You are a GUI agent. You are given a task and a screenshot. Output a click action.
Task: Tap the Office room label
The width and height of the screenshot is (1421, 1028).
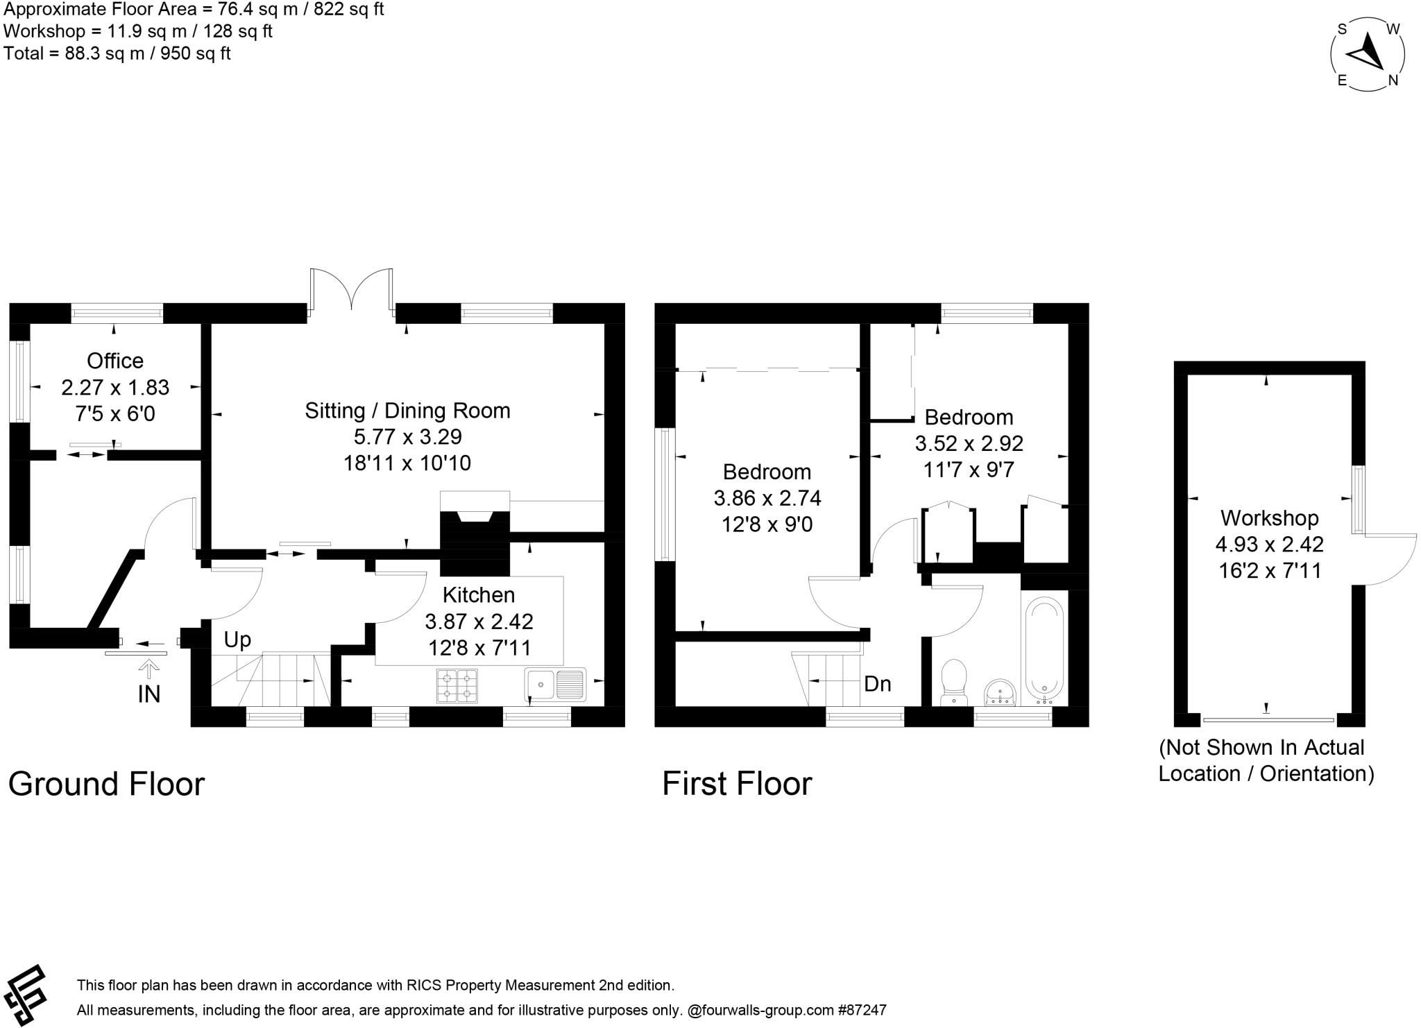point(115,361)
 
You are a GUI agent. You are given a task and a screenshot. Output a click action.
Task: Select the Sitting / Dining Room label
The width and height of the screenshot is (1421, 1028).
point(407,411)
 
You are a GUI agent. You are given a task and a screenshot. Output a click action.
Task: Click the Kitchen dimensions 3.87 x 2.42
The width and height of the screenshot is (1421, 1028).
point(479,622)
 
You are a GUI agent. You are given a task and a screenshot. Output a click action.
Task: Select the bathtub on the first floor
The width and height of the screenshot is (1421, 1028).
point(1044,648)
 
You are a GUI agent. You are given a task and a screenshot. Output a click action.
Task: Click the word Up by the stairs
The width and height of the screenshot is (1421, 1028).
point(237,640)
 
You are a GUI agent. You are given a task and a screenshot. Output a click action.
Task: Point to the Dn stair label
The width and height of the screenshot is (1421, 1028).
point(877,684)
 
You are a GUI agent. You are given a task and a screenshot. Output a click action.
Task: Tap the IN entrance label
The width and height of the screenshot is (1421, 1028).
point(149,694)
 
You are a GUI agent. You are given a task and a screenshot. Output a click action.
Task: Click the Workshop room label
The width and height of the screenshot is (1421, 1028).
point(1269,517)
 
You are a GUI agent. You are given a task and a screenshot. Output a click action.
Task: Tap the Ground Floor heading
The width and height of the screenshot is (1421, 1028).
point(106,784)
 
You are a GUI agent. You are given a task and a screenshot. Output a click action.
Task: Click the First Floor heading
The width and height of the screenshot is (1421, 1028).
point(736,784)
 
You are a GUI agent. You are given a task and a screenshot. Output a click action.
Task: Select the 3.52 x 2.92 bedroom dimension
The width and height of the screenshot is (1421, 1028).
point(969,443)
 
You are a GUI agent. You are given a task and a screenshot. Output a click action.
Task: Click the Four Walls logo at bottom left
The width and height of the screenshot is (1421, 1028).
point(25,994)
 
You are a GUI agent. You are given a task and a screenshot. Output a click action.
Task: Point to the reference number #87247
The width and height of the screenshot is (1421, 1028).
point(863,1011)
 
